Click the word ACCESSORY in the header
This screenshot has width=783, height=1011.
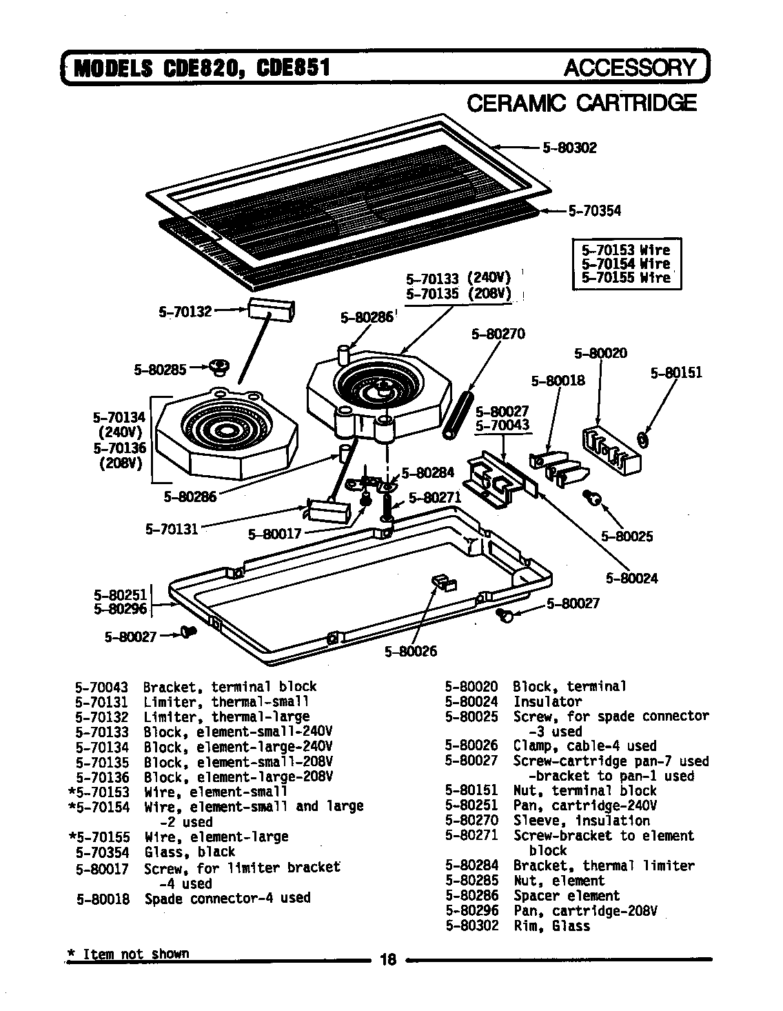[x=630, y=68]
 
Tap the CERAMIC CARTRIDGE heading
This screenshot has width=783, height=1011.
[x=582, y=103]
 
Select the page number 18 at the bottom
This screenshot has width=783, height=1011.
[x=388, y=959]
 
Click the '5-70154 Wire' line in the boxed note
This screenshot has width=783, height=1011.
[x=625, y=263]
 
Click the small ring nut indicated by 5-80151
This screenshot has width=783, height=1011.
[x=642, y=438]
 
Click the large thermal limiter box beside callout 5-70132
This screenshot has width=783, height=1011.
[x=271, y=310]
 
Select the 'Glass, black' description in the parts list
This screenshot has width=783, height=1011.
[x=190, y=852]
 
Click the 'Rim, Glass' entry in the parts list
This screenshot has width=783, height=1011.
[x=551, y=926]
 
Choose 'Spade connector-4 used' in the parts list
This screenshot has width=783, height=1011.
[x=227, y=899]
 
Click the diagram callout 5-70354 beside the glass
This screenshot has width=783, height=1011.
[x=593, y=211]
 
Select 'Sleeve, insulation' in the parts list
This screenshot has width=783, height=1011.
[x=581, y=821]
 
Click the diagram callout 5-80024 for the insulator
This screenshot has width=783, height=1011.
[x=631, y=578]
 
